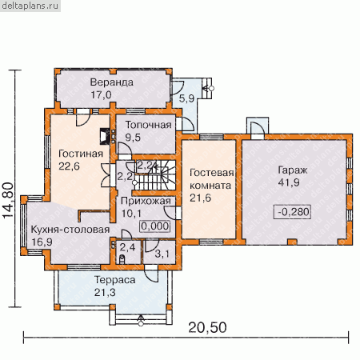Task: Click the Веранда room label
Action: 112,82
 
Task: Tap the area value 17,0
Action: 101,94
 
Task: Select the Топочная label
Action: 148,125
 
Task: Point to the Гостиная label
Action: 81,154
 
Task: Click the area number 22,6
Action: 69,166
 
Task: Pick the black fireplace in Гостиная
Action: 105,137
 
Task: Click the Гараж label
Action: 293,170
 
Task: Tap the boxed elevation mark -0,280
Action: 293,212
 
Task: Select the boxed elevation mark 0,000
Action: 154,226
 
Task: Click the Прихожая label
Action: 146,201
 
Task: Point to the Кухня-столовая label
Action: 70,230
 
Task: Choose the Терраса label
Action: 115,280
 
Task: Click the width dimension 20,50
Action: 207,327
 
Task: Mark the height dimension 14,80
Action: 8,200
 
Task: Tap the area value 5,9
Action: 186,98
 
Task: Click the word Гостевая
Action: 212,173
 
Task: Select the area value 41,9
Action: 289,182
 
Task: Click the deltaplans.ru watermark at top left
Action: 30,6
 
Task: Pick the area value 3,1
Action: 162,254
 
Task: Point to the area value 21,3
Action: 105,293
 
